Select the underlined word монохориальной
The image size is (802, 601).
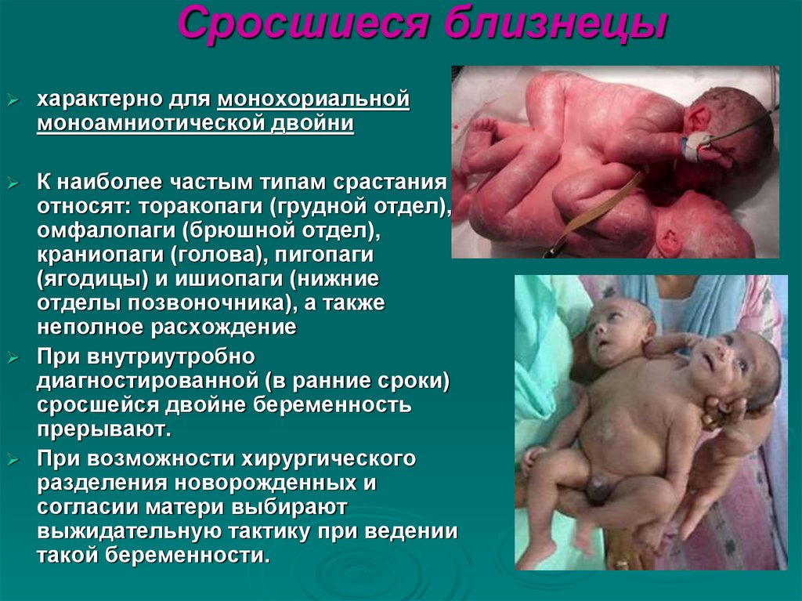click(314, 100)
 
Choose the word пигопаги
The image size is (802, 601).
click(323, 255)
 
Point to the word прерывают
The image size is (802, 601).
click(102, 429)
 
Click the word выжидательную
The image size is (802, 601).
click(127, 531)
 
